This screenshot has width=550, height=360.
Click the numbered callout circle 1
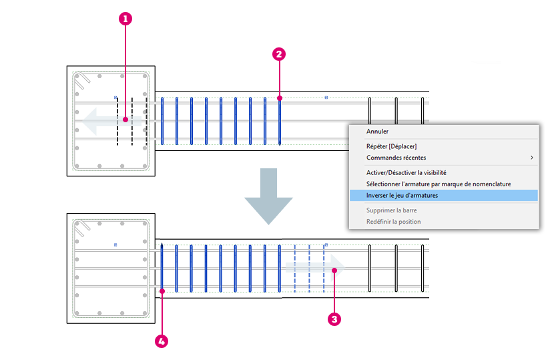click(125, 19)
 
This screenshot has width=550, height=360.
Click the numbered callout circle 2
click(279, 54)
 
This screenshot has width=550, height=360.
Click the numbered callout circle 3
click(334, 319)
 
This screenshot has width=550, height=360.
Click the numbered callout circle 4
click(162, 341)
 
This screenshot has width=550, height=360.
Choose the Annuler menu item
click(377, 131)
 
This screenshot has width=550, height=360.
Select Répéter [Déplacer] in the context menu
click(391, 146)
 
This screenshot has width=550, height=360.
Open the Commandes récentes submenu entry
click(396, 158)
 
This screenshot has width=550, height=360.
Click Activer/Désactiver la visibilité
click(406, 172)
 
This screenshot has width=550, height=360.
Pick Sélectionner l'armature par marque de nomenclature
click(439, 184)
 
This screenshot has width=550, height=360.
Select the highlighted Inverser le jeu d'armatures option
click(402, 196)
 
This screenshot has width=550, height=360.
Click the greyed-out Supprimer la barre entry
click(391, 210)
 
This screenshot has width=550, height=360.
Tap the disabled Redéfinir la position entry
click(393, 221)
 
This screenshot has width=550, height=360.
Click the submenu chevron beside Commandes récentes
click(532, 158)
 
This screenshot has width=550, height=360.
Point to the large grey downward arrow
click(269, 196)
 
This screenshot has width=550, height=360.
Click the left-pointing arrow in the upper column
click(111, 122)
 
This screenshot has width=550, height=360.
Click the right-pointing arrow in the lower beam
click(316, 268)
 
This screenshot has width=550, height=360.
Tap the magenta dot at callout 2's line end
click(280, 98)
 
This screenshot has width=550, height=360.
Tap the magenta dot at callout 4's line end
click(162, 291)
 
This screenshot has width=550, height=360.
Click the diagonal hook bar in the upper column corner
click(82, 81)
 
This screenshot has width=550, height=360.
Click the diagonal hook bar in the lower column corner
click(82, 228)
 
